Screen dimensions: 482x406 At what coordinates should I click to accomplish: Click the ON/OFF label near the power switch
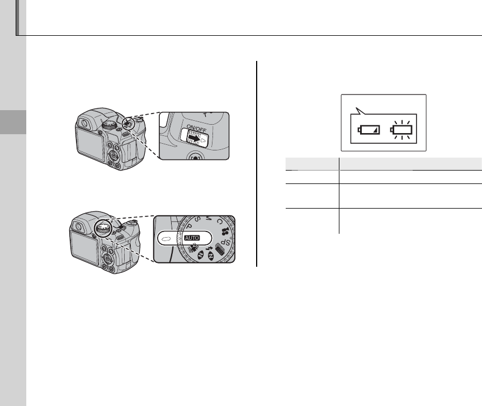coord(196,129)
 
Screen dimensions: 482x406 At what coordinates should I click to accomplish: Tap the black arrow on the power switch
coord(195,139)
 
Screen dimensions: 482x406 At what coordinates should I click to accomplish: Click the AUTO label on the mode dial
coord(192,238)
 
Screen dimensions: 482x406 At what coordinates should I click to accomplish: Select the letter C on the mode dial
coord(219,221)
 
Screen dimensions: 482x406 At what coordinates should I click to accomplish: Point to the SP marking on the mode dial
coord(226,242)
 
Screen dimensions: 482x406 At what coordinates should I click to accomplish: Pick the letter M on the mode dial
coord(209,218)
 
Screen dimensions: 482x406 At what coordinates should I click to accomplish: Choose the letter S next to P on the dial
coord(197,219)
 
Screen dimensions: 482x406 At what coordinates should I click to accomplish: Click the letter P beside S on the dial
coord(190,226)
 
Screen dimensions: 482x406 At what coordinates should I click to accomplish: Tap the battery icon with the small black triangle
coord(368,130)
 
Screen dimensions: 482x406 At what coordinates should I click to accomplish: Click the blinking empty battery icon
coord(401,130)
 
